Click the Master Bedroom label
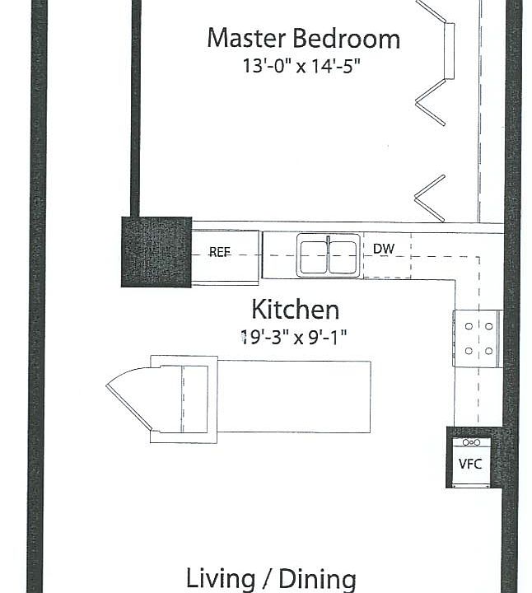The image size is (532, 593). coord(303,39)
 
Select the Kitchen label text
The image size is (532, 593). coord(295,310)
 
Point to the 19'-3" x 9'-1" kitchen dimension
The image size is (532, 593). coord(294,336)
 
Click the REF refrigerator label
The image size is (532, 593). coord(219,253)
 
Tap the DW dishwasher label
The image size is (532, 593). coord(383,249)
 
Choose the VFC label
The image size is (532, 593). coord(469,464)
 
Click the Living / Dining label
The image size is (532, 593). coord(271,578)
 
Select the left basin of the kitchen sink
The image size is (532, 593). coord(314,255)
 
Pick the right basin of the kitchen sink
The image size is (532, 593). coord(343,255)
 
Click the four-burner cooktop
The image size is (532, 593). coord(478,338)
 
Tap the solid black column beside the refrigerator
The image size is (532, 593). coord(156,251)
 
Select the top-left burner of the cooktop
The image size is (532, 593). coord(469,326)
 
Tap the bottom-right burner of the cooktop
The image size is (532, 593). coord(488,351)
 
